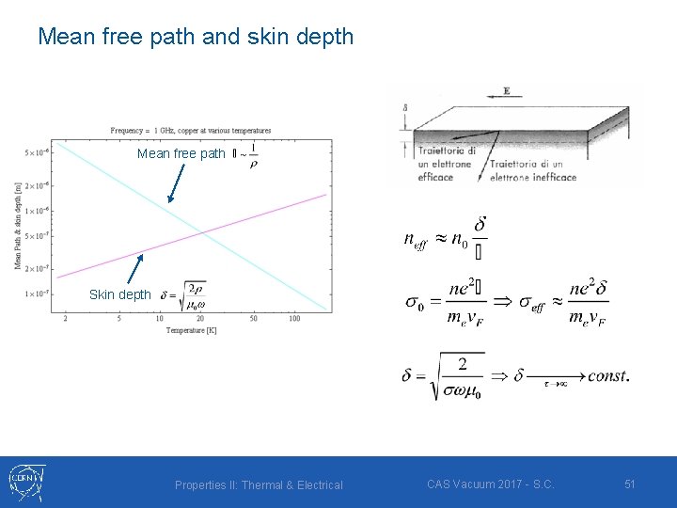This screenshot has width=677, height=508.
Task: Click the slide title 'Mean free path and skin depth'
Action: (x=196, y=37)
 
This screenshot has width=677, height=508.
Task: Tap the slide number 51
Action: (x=630, y=484)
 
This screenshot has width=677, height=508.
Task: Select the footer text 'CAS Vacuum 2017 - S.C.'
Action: (x=490, y=484)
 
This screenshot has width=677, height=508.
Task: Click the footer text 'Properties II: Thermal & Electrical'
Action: (x=259, y=484)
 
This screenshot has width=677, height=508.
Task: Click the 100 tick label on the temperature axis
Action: (x=294, y=319)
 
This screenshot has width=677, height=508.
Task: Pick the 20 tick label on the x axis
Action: (x=200, y=319)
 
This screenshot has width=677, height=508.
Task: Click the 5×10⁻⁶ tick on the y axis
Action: (x=38, y=151)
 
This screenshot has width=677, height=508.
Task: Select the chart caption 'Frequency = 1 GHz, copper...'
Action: (x=191, y=130)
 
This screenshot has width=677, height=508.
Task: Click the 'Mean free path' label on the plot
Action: (x=181, y=153)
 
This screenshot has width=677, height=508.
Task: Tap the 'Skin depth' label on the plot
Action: (x=119, y=294)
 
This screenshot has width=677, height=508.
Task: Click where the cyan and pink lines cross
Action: (x=201, y=230)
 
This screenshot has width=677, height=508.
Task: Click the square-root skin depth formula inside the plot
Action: (x=185, y=295)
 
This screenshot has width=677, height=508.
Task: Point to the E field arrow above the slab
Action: (x=506, y=93)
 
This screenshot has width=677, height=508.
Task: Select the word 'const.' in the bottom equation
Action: (x=608, y=375)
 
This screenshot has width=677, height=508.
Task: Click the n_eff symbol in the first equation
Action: (x=415, y=239)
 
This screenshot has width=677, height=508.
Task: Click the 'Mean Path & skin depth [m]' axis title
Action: (x=18, y=225)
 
